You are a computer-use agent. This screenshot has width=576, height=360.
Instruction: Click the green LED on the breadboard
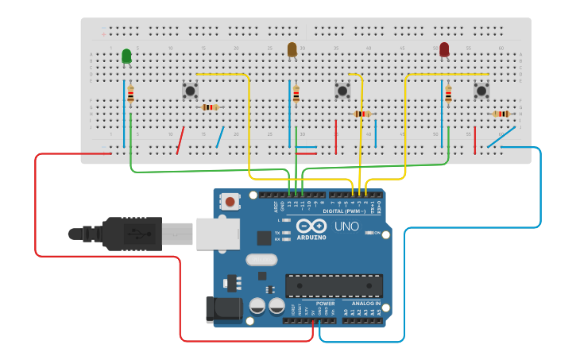coord(126,56)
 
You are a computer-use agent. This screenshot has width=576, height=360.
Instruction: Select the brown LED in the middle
coord(292,50)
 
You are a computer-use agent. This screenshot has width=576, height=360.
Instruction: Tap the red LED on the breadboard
coord(444,50)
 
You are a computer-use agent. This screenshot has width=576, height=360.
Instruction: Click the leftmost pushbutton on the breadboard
coord(190,91)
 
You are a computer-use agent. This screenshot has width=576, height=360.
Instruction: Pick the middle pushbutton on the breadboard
coord(342,91)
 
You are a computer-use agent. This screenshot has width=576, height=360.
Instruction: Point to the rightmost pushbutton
coord(481,91)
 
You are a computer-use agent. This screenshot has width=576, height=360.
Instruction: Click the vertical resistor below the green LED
coord(131,95)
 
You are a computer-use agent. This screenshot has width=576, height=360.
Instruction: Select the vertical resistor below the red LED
coord(449,95)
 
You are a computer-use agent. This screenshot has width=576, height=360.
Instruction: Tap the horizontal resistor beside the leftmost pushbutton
coord(210,107)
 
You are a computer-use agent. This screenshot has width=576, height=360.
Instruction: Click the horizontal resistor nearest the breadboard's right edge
coord(501,114)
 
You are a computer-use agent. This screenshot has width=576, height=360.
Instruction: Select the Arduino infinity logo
coord(311,226)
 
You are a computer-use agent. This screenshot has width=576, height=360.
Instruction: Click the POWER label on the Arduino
coord(325,303)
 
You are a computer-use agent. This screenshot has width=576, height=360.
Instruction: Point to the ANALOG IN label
coord(365,303)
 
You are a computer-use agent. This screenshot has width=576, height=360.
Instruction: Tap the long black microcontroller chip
coord(334,286)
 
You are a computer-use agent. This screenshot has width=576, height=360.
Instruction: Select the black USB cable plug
coord(132,234)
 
